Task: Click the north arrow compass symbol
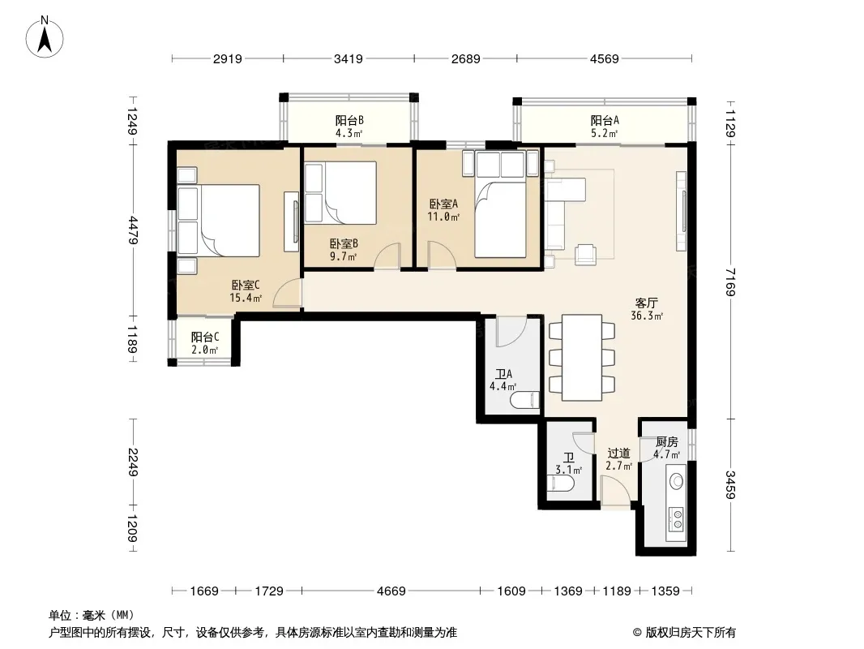point(45,37)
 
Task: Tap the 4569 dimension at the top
point(605,58)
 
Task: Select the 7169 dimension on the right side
point(730,282)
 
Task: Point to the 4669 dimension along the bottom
point(391,591)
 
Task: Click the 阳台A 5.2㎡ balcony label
point(605,127)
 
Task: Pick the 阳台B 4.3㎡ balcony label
point(349,127)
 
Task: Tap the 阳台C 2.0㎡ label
point(205,343)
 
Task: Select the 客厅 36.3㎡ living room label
point(646,309)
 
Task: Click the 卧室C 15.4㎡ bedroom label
point(246,291)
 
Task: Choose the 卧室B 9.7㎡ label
point(344,249)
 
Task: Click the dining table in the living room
point(582,357)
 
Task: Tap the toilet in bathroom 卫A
point(524,399)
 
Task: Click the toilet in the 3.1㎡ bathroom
point(563,484)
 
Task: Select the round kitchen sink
point(677,481)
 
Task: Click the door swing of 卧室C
point(287,293)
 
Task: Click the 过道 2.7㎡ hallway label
point(618,459)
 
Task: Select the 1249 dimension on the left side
point(132,121)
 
